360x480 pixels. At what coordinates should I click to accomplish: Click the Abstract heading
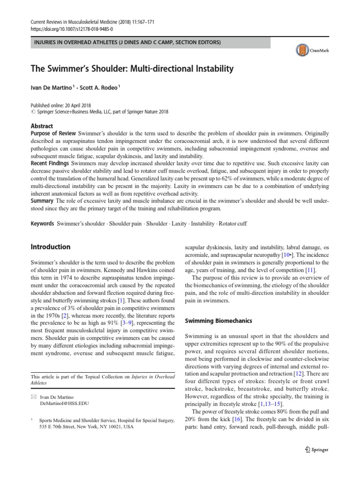tap(42, 126)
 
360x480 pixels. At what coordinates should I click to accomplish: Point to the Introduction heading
tap(50, 247)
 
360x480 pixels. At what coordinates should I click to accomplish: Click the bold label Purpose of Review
tap(53, 134)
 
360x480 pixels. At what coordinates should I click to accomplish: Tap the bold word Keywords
tap(43, 224)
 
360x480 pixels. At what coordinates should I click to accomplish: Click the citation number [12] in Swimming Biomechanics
tap(298, 373)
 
